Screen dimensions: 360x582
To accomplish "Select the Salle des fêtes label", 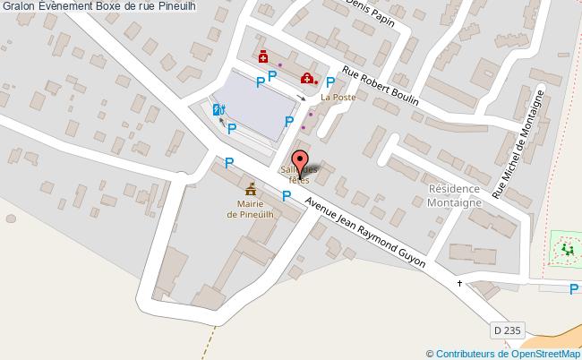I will (x=299, y=175).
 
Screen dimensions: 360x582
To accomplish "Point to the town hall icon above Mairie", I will (x=251, y=189).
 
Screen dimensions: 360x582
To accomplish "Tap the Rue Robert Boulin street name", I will (x=381, y=89).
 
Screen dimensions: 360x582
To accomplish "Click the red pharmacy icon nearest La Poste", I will (x=307, y=79).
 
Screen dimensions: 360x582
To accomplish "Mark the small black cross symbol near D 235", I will (x=460, y=283).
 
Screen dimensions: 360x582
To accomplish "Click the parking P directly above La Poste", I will (x=330, y=82).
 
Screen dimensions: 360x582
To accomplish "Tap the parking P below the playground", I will (x=574, y=288).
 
